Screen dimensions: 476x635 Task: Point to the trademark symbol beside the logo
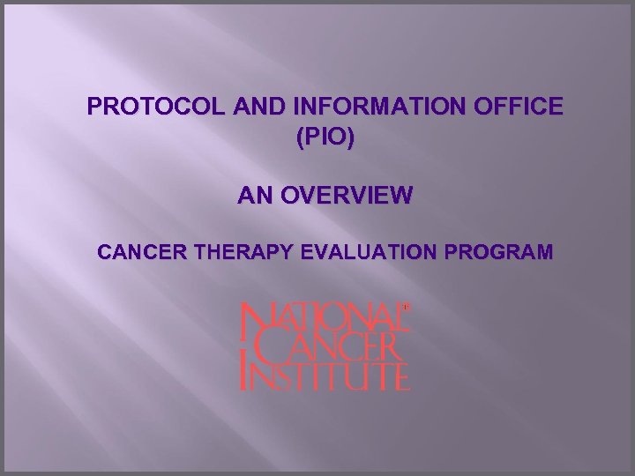tap(406, 307)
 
